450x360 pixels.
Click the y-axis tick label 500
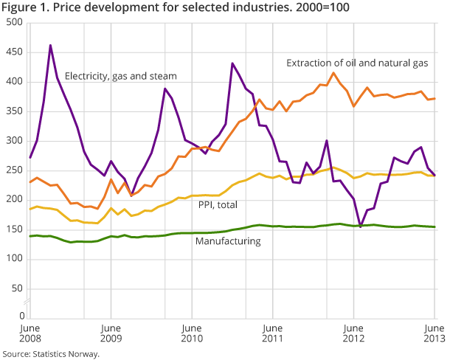[x=13, y=23]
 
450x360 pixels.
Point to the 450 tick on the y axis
[x=13, y=52]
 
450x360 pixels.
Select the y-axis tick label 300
[x=13, y=141]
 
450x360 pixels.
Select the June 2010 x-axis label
[x=191, y=333]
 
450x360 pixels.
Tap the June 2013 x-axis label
[x=435, y=333]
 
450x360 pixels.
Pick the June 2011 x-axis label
[x=272, y=333]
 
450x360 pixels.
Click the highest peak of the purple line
[x=50, y=45]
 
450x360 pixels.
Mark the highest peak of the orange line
[x=334, y=72]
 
